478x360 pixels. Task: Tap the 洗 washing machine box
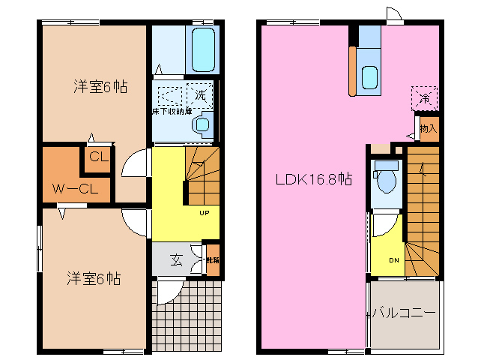coord(201,94)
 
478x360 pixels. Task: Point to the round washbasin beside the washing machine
coord(202,125)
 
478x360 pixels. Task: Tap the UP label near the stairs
coord(204,212)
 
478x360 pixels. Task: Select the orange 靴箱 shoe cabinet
coord(213,261)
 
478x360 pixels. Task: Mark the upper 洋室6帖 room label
coord(100,86)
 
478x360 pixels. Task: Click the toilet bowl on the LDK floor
coord(387,181)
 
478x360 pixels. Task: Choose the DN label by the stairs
coord(394,260)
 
